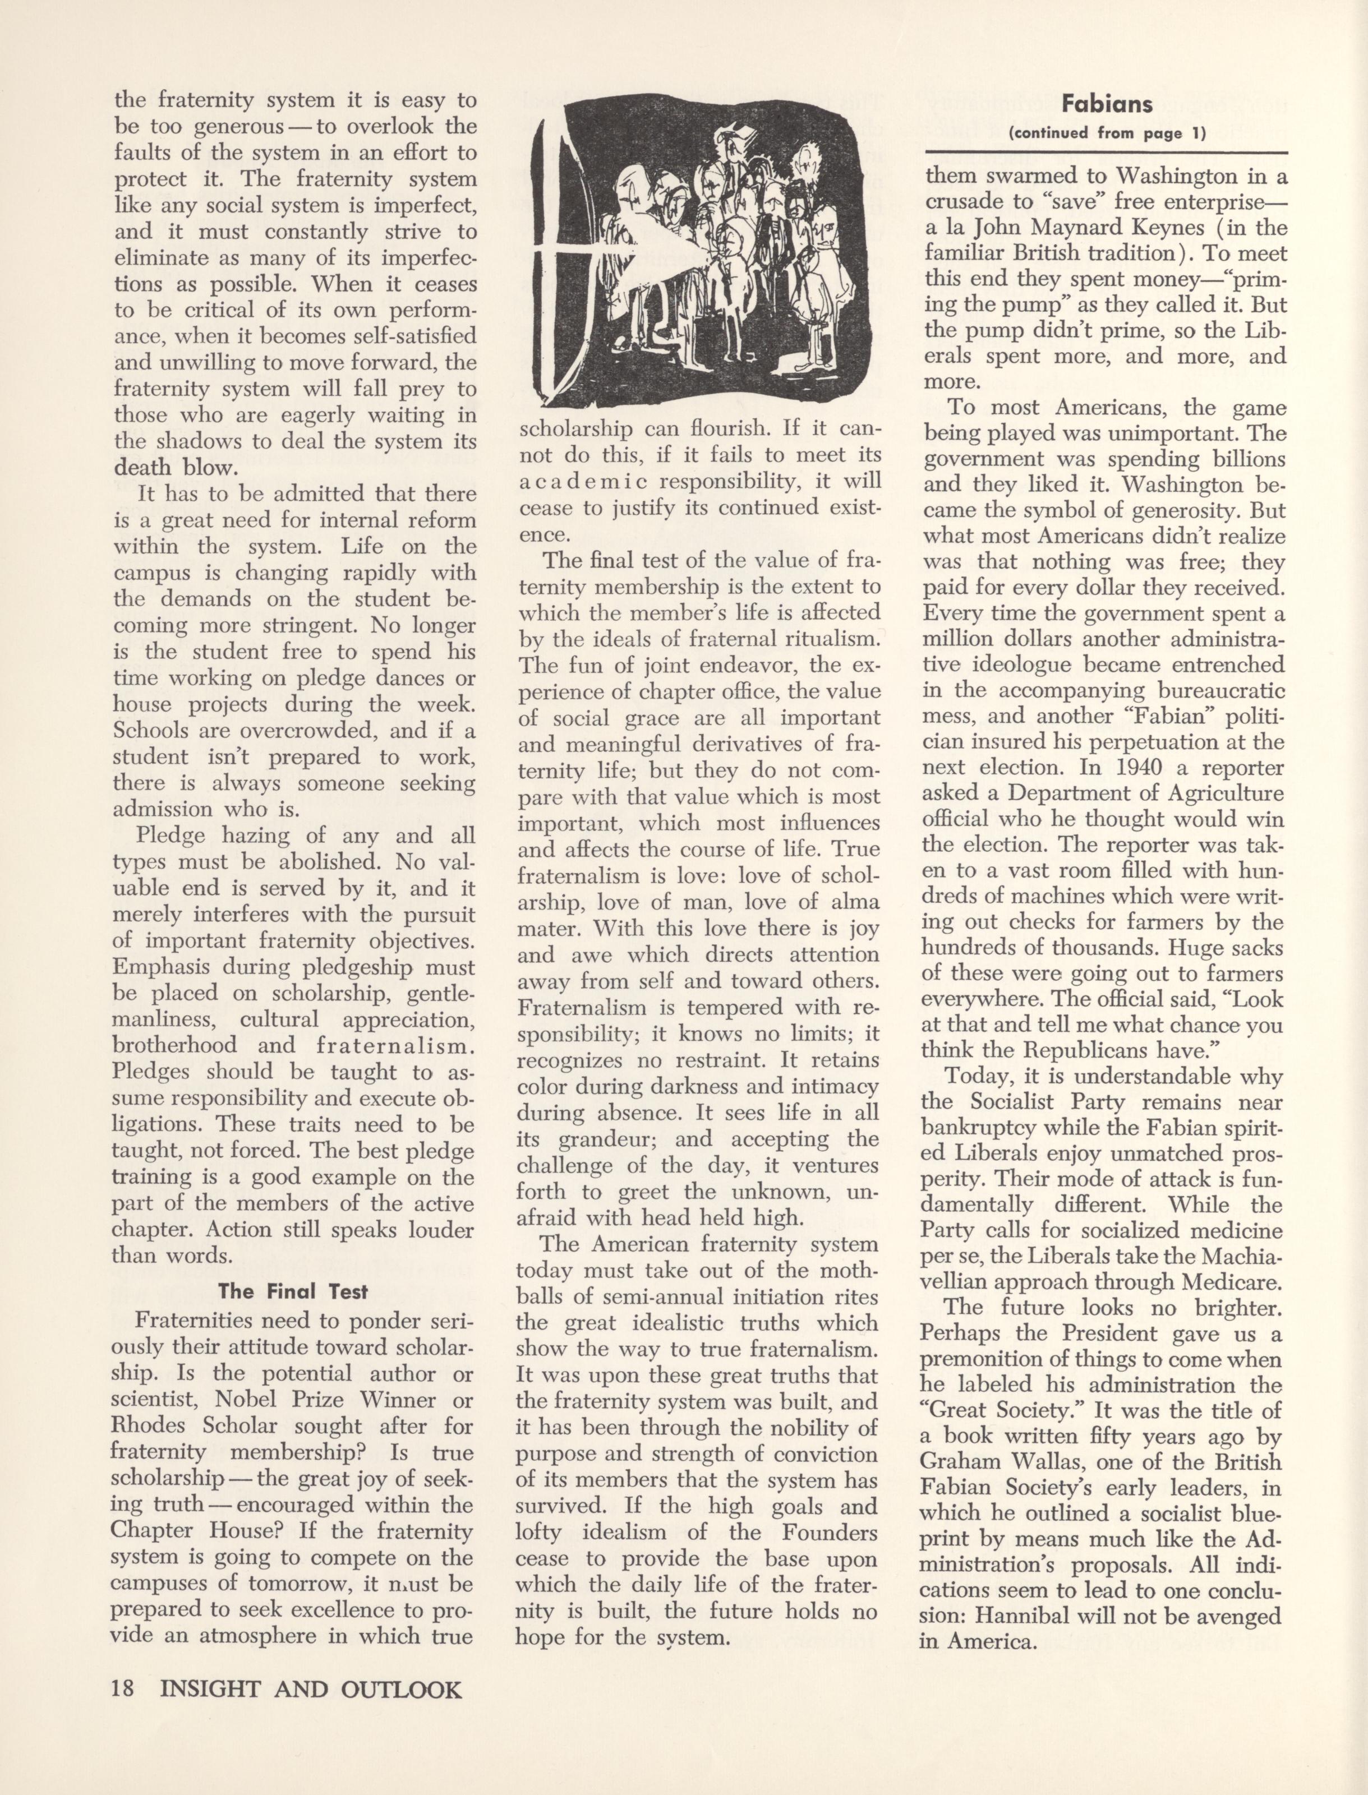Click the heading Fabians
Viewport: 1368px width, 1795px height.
[x=1107, y=104]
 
